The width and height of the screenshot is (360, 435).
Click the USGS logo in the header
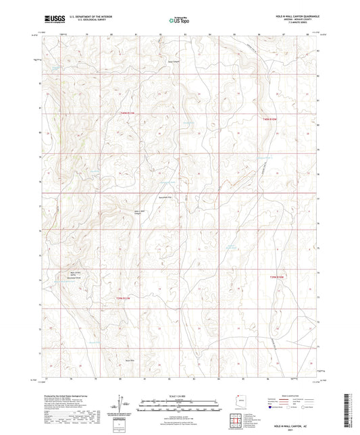51,18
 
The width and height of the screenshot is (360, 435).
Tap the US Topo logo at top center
178,20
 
